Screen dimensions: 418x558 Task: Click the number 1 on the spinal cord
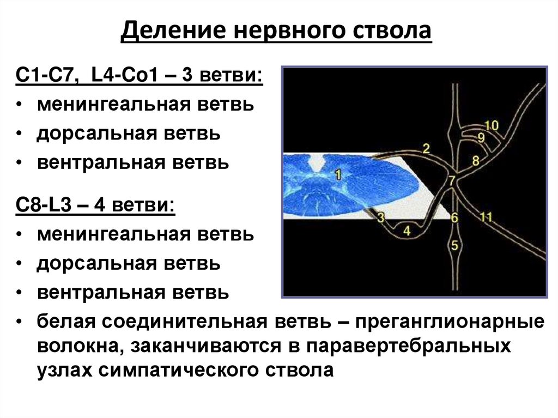pyautogui.click(x=338, y=175)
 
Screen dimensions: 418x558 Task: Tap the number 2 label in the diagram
pyautogui.click(x=426, y=148)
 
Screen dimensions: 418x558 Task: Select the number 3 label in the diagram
pyautogui.click(x=380, y=218)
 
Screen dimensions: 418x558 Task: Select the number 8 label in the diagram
pyautogui.click(x=475, y=160)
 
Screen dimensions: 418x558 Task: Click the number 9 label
pyautogui.click(x=481, y=137)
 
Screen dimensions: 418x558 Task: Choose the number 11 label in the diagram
pyautogui.click(x=486, y=217)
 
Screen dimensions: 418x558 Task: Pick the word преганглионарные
pyautogui.click(x=451, y=322)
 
